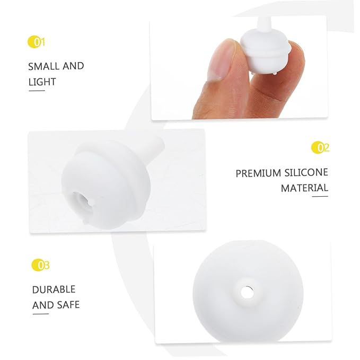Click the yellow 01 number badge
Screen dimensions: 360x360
36,42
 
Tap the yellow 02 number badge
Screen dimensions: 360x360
320,147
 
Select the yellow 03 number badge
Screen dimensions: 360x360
40,265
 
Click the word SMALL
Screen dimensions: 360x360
43,67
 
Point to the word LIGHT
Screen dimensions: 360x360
42,82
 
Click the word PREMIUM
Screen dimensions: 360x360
258,173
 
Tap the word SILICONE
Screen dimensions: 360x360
306,172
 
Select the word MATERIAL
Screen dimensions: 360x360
304,188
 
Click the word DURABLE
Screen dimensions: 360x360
54,289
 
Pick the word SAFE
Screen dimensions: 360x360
68,305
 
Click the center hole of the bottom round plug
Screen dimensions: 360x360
247,292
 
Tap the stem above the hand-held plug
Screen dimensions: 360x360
264,24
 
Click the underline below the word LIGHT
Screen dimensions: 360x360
37,91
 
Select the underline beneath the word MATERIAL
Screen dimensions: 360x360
320,197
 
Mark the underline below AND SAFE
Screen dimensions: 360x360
41,314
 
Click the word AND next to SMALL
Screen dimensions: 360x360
73,66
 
